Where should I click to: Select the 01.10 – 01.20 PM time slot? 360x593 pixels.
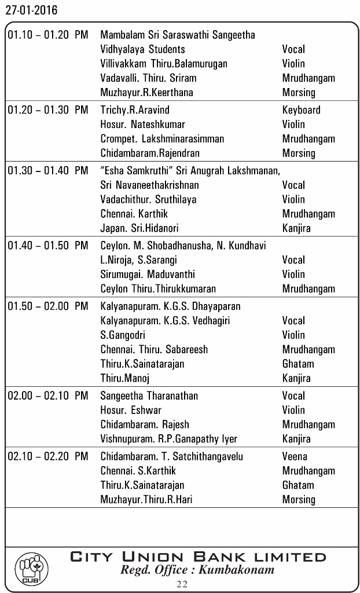[x=48, y=35]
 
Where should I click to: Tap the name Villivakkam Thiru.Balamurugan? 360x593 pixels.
[x=164, y=64]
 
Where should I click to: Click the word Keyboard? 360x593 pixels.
[x=301, y=110]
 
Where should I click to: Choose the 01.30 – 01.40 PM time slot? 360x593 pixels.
[x=48, y=170]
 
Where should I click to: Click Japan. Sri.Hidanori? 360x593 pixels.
[x=139, y=228]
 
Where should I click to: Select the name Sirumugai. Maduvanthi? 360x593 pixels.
[x=148, y=274]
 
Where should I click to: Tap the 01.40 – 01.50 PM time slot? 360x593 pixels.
[x=48, y=246]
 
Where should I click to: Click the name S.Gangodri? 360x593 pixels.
[x=123, y=335]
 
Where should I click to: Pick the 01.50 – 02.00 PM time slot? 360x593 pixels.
[x=48, y=306]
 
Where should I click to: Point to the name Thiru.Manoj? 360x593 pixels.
[x=125, y=378]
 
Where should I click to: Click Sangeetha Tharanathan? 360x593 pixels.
[x=149, y=396]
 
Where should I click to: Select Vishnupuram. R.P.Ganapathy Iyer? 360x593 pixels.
[x=169, y=439]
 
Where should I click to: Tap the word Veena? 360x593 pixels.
[x=295, y=456]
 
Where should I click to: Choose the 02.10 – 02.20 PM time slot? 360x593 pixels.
[x=48, y=456]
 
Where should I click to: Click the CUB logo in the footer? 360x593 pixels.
[x=31, y=569]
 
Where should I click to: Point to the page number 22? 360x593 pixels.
[x=182, y=584]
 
